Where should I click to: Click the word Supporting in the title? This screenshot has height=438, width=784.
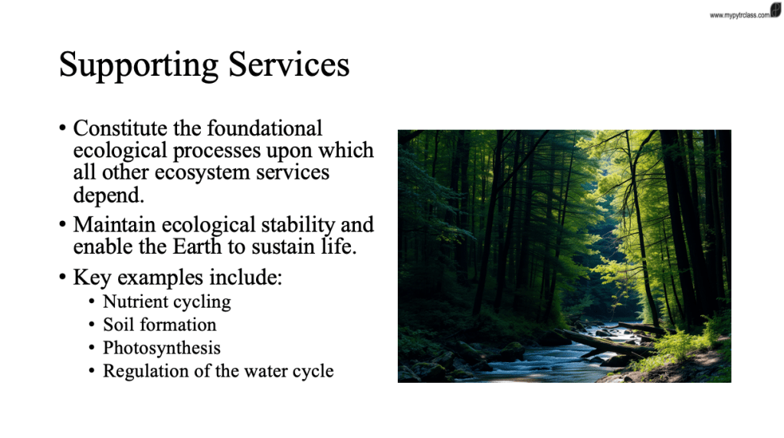pyautogui.click(x=139, y=65)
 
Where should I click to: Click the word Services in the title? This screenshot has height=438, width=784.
pyautogui.click(x=289, y=64)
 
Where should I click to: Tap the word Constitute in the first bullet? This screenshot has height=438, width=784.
pyautogui.click(x=120, y=128)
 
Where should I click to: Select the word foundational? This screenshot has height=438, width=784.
pyautogui.click(x=264, y=128)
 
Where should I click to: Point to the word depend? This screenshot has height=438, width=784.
pyautogui.click(x=109, y=195)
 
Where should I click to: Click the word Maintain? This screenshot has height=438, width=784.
pyautogui.click(x=114, y=225)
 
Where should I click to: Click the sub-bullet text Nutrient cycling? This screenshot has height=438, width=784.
pyautogui.click(x=167, y=302)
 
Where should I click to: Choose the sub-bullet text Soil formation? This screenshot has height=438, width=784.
pyautogui.click(x=159, y=325)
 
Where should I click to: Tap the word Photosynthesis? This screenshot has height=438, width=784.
pyautogui.click(x=162, y=348)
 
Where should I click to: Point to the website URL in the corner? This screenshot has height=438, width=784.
pyautogui.click(x=740, y=15)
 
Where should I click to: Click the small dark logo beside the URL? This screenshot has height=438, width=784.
pyautogui.click(x=776, y=9)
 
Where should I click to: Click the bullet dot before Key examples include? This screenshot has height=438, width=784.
pyautogui.click(x=63, y=277)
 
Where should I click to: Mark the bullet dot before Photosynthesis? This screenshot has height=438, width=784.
pyautogui.click(x=91, y=347)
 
